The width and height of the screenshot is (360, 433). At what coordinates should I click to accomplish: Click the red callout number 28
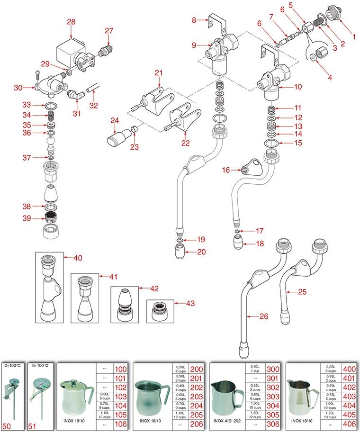point(71,22)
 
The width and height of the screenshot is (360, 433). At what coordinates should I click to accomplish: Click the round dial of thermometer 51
point(42,385)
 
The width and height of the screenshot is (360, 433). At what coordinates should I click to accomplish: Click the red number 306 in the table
point(273,424)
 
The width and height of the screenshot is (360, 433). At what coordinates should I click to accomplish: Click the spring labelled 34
point(51,116)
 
